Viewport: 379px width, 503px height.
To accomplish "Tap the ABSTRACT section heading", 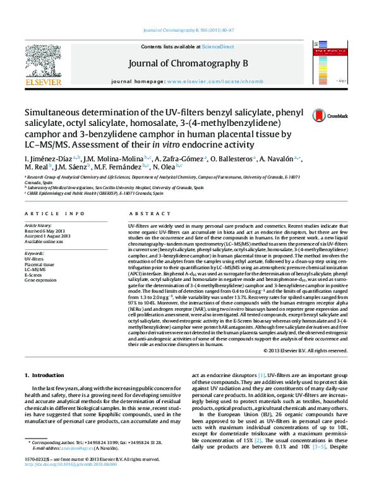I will coord(145,214).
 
